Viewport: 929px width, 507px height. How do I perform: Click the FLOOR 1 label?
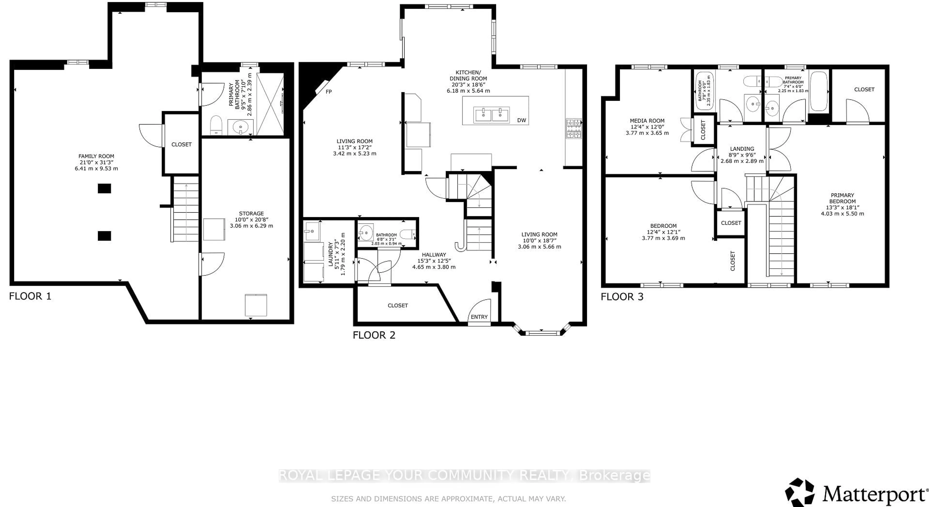[x=30, y=296]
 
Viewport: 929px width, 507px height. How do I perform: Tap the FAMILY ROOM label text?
[x=96, y=156]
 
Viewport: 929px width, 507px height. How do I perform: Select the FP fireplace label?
[x=329, y=92]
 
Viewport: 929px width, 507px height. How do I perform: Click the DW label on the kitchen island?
[x=522, y=120]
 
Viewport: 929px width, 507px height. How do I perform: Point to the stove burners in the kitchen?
[x=573, y=129]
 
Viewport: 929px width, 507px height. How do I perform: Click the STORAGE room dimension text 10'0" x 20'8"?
[x=251, y=219]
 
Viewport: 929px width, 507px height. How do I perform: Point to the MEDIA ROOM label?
[x=647, y=121]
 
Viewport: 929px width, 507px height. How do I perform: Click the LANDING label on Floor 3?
[x=742, y=149]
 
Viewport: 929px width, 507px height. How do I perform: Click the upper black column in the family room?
[x=104, y=188]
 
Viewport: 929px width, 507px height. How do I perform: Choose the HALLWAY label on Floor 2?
[x=434, y=254]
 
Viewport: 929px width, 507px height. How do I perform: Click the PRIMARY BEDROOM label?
[x=842, y=198]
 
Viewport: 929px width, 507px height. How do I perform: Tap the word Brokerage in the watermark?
[x=614, y=476]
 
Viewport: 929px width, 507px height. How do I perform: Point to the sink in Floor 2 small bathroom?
[x=366, y=232]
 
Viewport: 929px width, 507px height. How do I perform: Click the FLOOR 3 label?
[x=622, y=297]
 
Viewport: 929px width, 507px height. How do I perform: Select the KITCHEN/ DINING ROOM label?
[x=468, y=75]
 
